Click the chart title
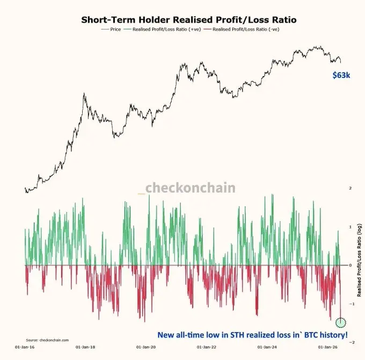coord(189,20)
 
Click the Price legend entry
coord(111,30)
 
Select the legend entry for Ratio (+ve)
coord(162,30)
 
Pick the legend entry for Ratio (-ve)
coord(242,30)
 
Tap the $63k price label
coord(341,75)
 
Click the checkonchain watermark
coord(187,188)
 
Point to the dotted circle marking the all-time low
coord(341,323)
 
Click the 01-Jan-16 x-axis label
coord(25,347)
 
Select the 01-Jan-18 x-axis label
coord(85,347)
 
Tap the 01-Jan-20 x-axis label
coord(146,347)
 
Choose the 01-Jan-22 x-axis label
coord(207,347)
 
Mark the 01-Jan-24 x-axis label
coord(267,347)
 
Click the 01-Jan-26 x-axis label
coord(328,347)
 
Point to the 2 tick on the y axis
coord(351,188)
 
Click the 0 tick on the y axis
coord(351,265)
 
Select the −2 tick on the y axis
coord(352,342)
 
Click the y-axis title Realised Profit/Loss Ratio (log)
coord(359,260)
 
